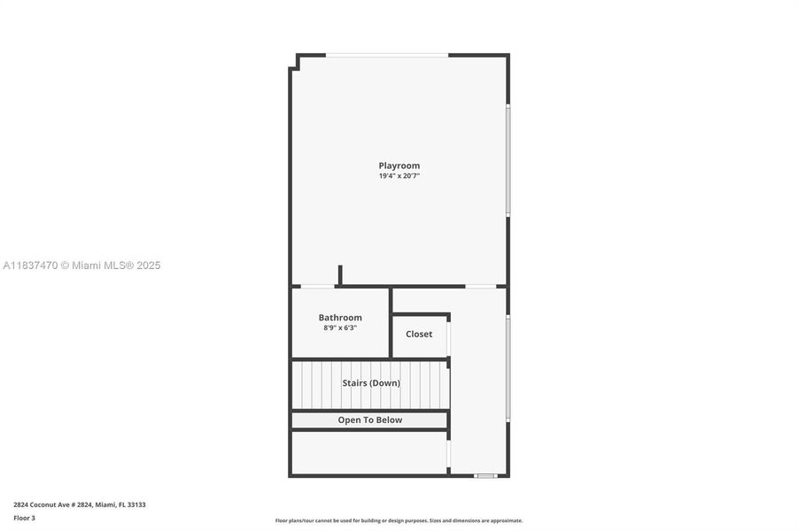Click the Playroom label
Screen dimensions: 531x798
coord(399,165)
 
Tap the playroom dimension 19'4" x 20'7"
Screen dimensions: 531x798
coord(399,176)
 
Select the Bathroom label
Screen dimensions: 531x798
coord(340,318)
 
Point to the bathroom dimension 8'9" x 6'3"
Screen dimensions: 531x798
coord(340,328)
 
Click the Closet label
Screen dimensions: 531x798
coord(419,334)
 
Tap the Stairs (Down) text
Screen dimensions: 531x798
coord(371,383)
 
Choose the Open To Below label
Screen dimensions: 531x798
coord(369,420)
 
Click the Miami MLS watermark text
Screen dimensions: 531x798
coord(82,265)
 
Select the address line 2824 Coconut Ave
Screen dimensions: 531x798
coord(80,504)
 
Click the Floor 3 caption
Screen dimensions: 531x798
coord(24,518)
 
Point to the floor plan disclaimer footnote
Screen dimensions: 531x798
coord(399,520)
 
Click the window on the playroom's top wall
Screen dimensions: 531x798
coord(387,56)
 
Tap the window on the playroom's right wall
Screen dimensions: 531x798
coord(507,160)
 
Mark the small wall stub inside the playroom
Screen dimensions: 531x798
coord(339,275)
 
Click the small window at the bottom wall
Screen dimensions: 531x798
coord(484,476)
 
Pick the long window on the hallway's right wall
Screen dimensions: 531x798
coord(507,367)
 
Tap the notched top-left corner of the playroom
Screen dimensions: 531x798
coord(296,62)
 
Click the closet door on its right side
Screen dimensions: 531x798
coord(449,337)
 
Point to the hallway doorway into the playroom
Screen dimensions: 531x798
coord(481,286)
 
